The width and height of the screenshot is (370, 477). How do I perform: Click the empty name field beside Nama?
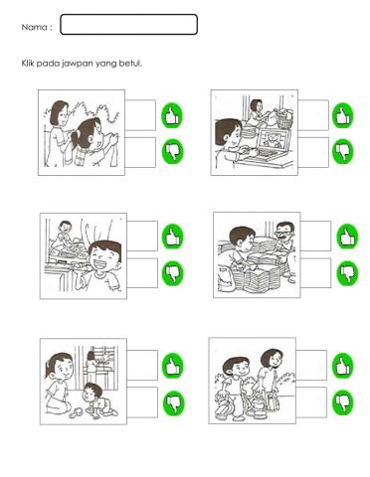pyautogui.click(x=128, y=25)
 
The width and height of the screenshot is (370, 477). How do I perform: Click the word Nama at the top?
pyautogui.click(x=35, y=27)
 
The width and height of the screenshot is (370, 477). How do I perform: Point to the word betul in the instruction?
pyautogui.click(x=129, y=64)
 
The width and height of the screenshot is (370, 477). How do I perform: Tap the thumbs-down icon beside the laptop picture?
pyautogui.click(x=343, y=150)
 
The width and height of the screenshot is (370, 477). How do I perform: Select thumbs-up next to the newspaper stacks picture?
pyautogui.click(x=347, y=237)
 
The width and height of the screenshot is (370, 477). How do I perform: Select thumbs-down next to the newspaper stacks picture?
pyautogui.click(x=347, y=272)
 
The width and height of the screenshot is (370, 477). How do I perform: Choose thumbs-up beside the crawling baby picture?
pyautogui.click(x=173, y=365)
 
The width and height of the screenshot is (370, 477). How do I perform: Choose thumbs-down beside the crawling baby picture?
pyautogui.click(x=173, y=401)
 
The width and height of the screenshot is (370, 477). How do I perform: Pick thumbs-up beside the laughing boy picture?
pyautogui.click(x=173, y=237)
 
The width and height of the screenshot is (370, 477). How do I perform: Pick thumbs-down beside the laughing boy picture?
pyautogui.click(x=173, y=272)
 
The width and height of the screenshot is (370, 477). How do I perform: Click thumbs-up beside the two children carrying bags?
pyautogui.click(x=343, y=365)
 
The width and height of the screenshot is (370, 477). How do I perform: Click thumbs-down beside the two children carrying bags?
pyautogui.click(x=343, y=401)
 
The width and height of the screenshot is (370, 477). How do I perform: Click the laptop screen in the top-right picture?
pyautogui.click(x=269, y=143)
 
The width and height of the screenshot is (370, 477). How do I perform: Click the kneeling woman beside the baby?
pyautogui.click(x=62, y=383)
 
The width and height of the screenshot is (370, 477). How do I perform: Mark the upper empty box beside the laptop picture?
pyautogui.click(x=312, y=115)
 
